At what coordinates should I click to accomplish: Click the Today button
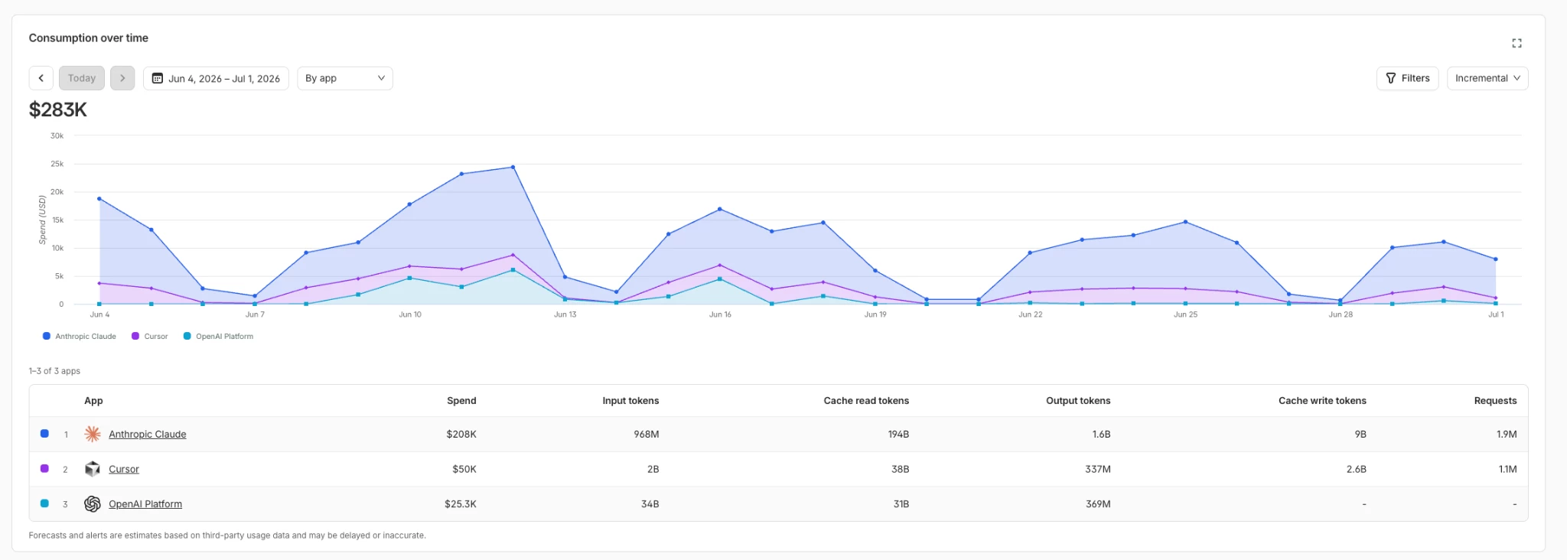pyautogui.click(x=81, y=78)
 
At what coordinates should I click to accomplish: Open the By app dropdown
pyautogui.click(x=344, y=78)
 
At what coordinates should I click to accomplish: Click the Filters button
pyautogui.click(x=1408, y=78)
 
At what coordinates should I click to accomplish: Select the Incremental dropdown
pyautogui.click(x=1487, y=78)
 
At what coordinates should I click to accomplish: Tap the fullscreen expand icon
pyautogui.click(x=1517, y=43)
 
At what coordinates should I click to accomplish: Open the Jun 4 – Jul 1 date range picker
pyautogui.click(x=216, y=78)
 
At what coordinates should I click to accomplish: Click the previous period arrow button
pyautogui.click(x=41, y=78)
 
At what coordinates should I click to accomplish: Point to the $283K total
pyautogui.click(x=58, y=110)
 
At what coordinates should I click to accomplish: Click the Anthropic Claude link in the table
pyautogui.click(x=147, y=435)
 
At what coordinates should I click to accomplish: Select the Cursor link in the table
pyautogui.click(x=124, y=470)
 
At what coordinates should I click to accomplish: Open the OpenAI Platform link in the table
pyautogui.click(x=145, y=504)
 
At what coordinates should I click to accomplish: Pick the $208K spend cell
pyautogui.click(x=461, y=435)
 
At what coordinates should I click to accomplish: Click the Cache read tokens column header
pyautogui.click(x=866, y=401)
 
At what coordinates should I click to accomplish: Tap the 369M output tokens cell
pyautogui.click(x=1098, y=504)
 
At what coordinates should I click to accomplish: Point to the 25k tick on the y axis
pyautogui.click(x=57, y=164)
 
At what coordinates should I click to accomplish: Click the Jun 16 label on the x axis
pyautogui.click(x=720, y=314)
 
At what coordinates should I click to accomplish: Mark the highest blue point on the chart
pyautogui.click(x=513, y=167)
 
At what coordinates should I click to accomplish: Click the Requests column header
pyautogui.click(x=1495, y=401)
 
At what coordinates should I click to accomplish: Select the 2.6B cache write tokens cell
pyautogui.click(x=1356, y=470)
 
